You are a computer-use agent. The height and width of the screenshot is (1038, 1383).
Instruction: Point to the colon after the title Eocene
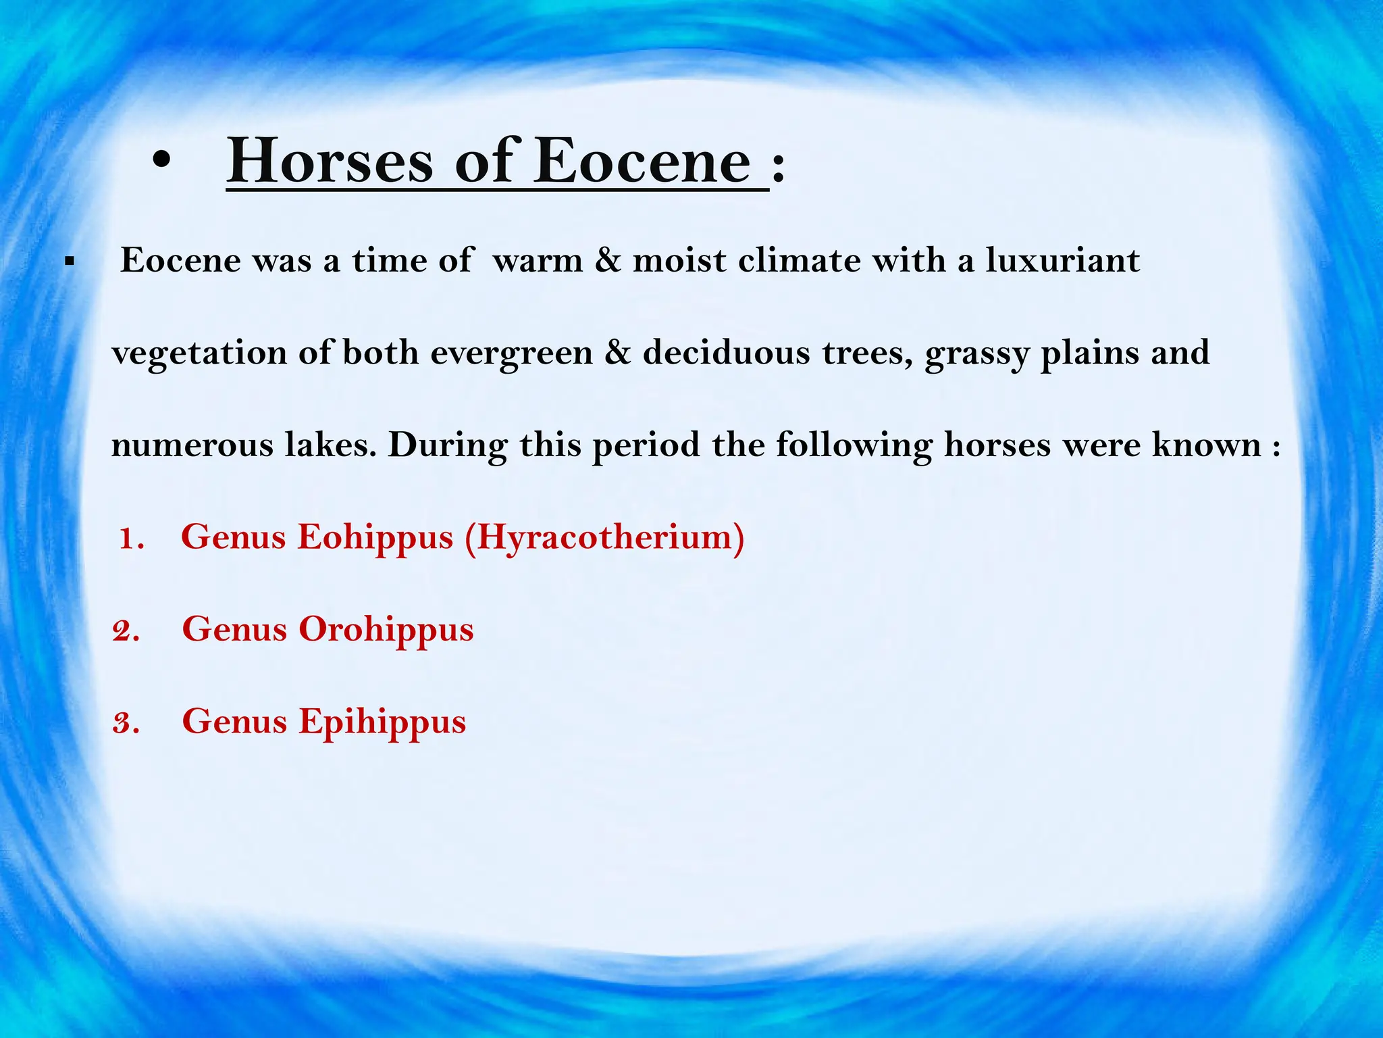[x=778, y=169]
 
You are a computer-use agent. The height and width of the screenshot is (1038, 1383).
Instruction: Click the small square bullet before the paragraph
[x=68, y=261]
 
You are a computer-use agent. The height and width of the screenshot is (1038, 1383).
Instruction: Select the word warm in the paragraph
[x=538, y=261]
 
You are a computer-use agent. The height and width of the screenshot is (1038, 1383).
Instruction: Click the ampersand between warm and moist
[x=607, y=261]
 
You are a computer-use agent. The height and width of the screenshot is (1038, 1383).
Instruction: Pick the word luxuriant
[x=1062, y=261]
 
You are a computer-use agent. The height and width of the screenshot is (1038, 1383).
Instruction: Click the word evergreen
[x=511, y=353]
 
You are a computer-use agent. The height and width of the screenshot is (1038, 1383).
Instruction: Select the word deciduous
[x=726, y=353]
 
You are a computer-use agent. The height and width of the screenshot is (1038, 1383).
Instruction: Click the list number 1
[x=130, y=539]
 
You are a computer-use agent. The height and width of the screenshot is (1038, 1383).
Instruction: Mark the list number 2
[x=126, y=631]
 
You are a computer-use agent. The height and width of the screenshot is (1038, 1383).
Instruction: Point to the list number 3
[x=126, y=723]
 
